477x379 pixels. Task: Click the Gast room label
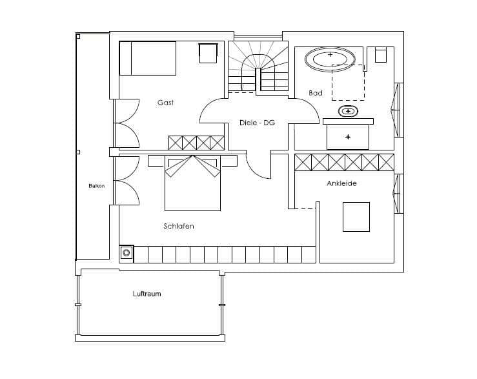(x=165, y=103)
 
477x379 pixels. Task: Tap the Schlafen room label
(x=179, y=226)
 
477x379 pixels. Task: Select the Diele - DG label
(x=257, y=123)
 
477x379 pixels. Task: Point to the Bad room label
(x=316, y=93)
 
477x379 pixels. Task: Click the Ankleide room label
(x=341, y=183)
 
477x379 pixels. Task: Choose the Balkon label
(x=97, y=186)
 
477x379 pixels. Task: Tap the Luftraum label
(x=147, y=294)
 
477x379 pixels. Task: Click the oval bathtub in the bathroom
(x=330, y=59)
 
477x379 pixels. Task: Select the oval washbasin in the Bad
(x=348, y=111)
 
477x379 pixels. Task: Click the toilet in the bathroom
(x=381, y=55)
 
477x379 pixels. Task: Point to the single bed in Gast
(x=148, y=58)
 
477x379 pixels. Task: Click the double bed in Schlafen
(x=192, y=183)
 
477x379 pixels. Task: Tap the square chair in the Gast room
(x=208, y=54)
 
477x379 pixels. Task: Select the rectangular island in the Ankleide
(x=356, y=217)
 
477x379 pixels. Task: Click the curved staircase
(x=258, y=66)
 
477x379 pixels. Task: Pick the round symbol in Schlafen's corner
(x=127, y=252)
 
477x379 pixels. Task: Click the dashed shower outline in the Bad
(x=348, y=83)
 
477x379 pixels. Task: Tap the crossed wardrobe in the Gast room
(x=196, y=143)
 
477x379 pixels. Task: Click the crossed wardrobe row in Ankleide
(x=345, y=162)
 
